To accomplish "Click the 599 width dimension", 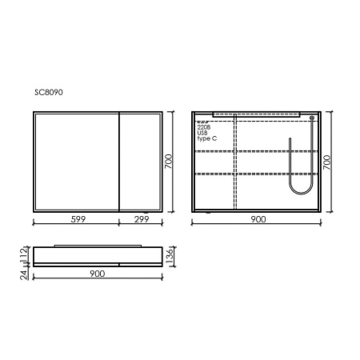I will pos(76,218).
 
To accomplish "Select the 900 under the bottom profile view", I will pos(98,274).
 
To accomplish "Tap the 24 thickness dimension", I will pos(24,273).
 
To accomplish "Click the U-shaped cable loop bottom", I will pos(299,193).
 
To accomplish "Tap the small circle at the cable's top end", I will pos(310,117).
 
